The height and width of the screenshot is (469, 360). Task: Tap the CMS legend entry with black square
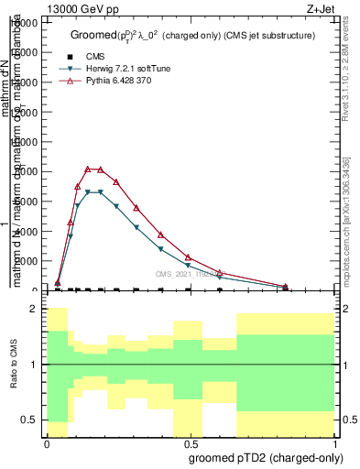pyautogui.click(x=90, y=56)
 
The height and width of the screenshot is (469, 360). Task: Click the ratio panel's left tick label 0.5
pyautogui.click(x=29, y=420)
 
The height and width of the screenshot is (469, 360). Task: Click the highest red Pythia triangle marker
pyautogui.click(x=88, y=169)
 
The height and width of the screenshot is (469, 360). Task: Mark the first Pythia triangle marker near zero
pyautogui.click(x=58, y=283)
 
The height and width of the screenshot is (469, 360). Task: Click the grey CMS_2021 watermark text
pyautogui.click(x=191, y=274)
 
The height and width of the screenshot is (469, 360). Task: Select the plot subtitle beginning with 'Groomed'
pyautogui.click(x=192, y=35)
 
